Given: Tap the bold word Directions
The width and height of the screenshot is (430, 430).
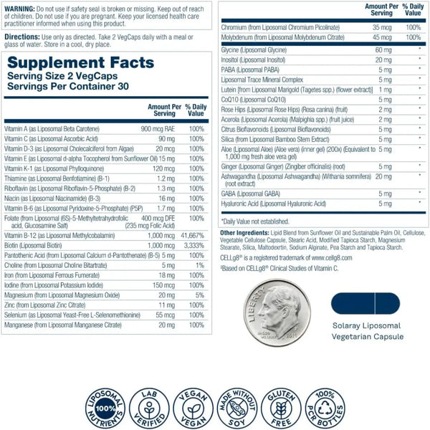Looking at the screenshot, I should (22, 35).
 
